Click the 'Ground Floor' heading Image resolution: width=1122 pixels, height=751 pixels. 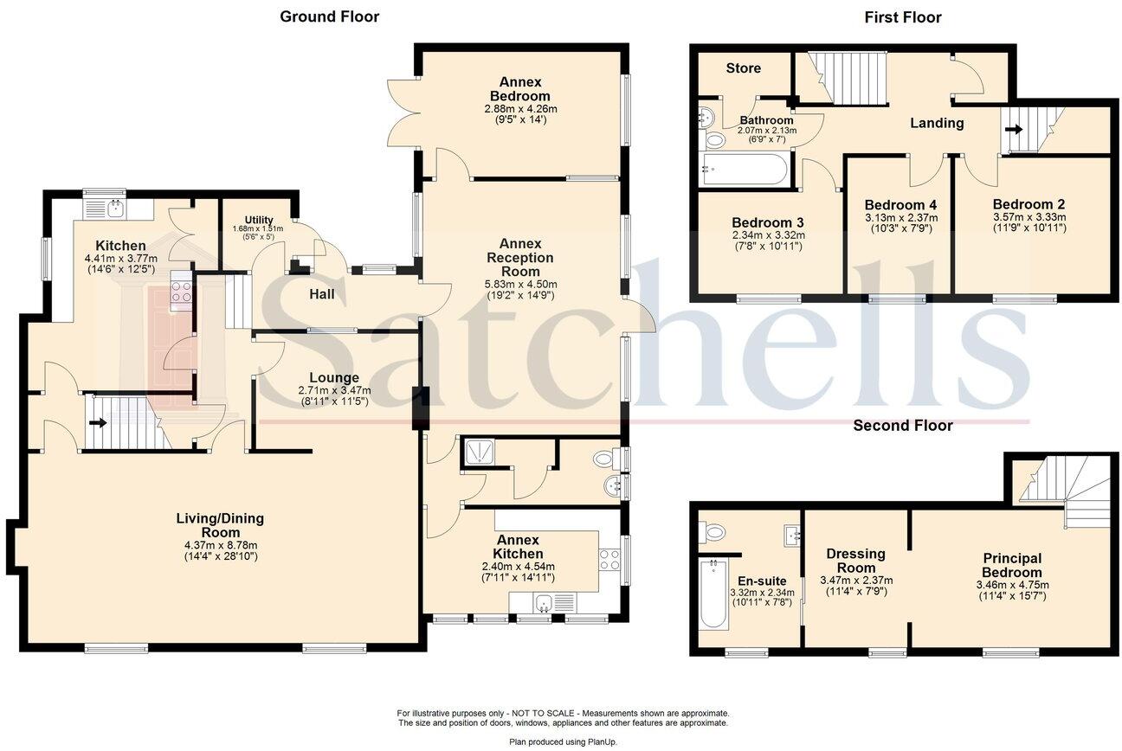tap(329, 16)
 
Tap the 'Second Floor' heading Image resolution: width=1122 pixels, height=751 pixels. tap(903, 426)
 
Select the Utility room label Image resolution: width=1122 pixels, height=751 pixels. tap(259, 220)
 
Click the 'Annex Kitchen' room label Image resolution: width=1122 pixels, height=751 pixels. tap(518, 547)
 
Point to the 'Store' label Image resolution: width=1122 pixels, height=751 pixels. tap(744, 68)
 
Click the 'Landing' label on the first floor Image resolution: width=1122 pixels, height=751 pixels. tap(937, 123)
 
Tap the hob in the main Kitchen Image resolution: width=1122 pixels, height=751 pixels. tap(181, 292)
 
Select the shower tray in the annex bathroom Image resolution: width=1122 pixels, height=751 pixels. tap(479, 453)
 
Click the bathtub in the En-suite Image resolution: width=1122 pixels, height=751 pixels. tap(713, 594)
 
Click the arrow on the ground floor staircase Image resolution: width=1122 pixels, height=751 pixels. tap(98, 422)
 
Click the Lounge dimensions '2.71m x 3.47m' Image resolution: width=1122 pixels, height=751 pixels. tap(334, 390)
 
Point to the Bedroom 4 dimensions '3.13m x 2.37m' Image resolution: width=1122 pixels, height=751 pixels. tap(900, 218)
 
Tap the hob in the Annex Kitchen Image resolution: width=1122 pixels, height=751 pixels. tap(609, 559)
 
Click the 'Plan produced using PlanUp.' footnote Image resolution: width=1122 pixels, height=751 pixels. tap(563, 741)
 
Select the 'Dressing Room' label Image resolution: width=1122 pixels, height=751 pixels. tap(855, 561)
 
